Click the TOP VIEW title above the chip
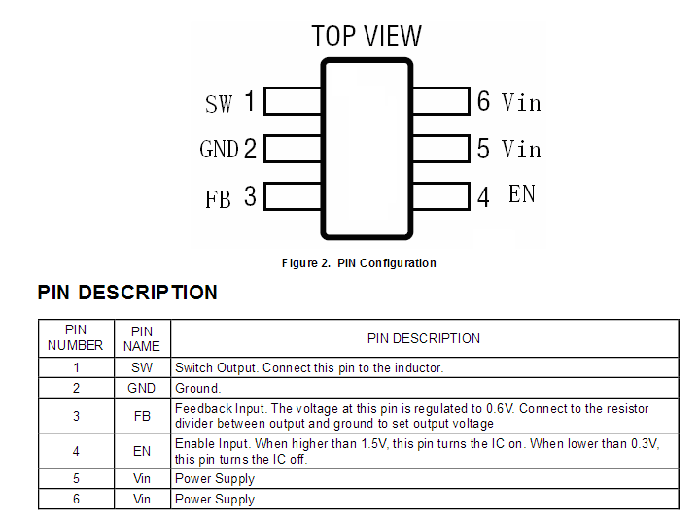pyautogui.click(x=367, y=37)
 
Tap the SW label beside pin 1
pyautogui.click(x=219, y=103)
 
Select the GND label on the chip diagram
pyautogui.click(x=219, y=149)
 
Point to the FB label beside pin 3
pyautogui.click(x=218, y=199)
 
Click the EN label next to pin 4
pyautogui.click(x=522, y=193)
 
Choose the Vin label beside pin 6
pyautogui.click(x=521, y=102)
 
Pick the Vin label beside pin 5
pyautogui.click(x=521, y=149)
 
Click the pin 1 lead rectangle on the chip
pyautogui.click(x=293, y=101)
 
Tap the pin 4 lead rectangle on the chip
pyautogui.click(x=440, y=195)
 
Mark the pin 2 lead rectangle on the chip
pyautogui.click(x=293, y=148)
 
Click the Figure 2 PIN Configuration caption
pyautogui.click(x=359, y=263)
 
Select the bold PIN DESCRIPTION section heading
pyautogui.click(x=127, y=293)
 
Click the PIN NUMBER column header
pyautogui.click(x=76, y=338)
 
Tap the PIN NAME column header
pyautogui.click(x=142, y=338)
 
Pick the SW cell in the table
pyautogui.click(x=142, y=368)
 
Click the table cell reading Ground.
pyautogui.click(x=198, y=388)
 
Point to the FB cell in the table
pyautogui.click(x=142, y=416)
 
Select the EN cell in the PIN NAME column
pyautogui.click(x=142, y=451)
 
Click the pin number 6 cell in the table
pyautogui.click(x=76, y=499)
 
